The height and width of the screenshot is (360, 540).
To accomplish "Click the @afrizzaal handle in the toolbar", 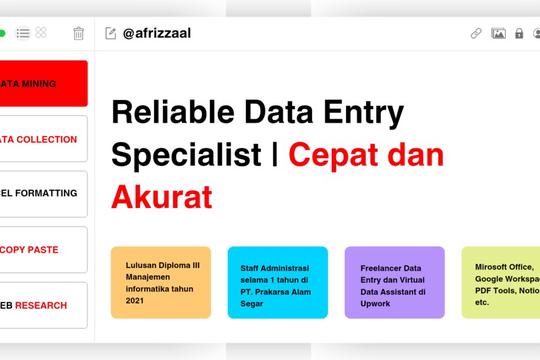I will [157, 33].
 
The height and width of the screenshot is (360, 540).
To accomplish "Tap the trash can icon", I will [79, 33].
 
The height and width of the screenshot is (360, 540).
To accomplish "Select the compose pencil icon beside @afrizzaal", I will [111, 33].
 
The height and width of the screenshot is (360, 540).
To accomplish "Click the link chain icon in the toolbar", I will [476, 33].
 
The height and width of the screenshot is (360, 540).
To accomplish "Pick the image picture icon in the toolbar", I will [498, 33].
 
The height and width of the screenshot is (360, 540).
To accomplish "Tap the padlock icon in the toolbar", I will [519, 33].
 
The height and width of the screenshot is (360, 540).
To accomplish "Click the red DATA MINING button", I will [44, 83].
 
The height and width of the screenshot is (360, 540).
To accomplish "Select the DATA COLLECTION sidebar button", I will [44, 139].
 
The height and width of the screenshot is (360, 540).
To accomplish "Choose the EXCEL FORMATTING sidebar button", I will [44, 194].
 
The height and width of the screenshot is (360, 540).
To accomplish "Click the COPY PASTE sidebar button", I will [44, 249].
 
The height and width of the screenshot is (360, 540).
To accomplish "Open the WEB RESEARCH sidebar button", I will [44, 305].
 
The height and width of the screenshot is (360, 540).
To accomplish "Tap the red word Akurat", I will [162, 197].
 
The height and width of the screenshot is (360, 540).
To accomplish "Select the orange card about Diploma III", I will [161, 282].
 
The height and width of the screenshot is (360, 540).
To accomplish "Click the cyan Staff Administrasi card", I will [277, 282].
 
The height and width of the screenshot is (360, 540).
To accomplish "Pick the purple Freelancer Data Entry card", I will [394, 282].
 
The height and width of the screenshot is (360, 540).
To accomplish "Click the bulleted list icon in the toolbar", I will [23, 33].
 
